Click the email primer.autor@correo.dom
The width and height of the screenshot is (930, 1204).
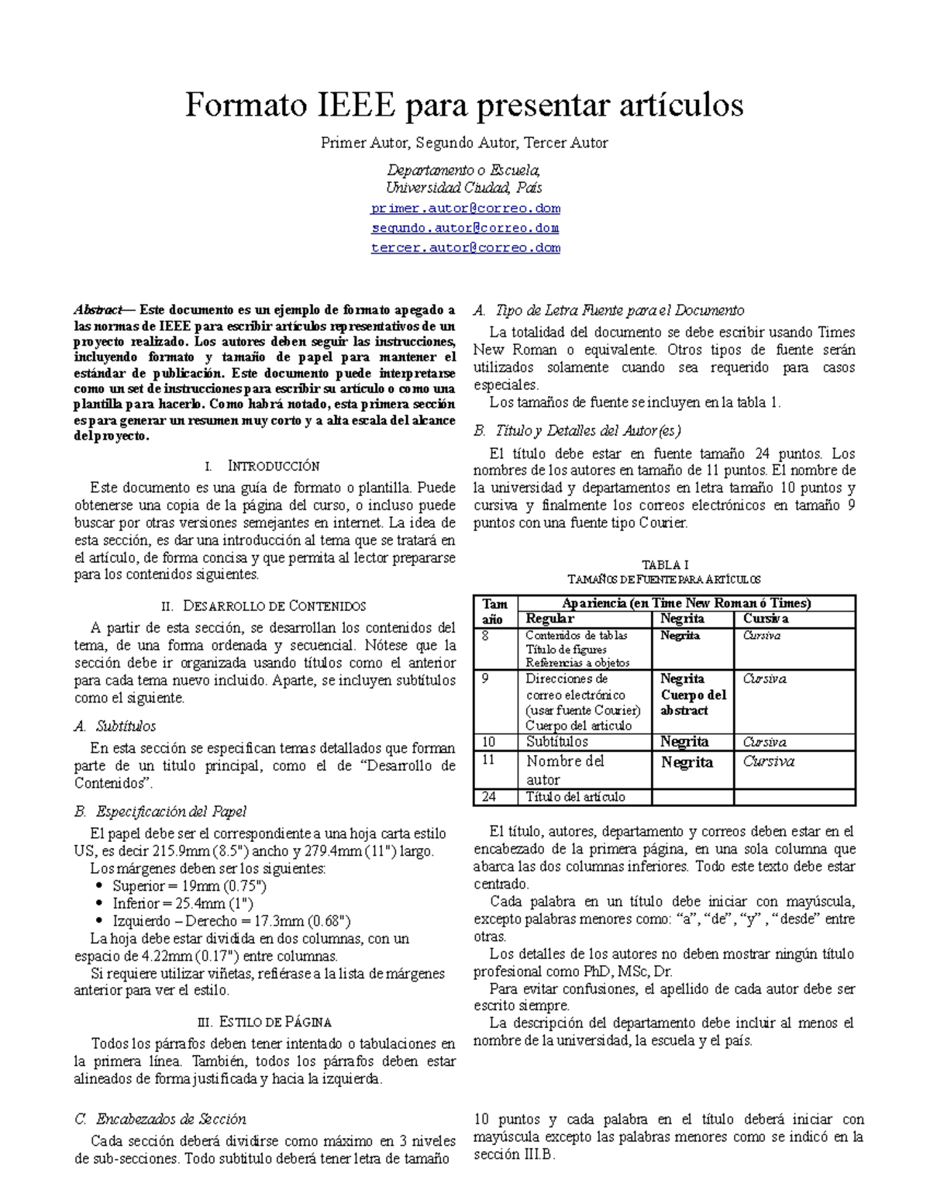coord(465,209)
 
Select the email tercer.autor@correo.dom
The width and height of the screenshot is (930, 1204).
coord(465,248)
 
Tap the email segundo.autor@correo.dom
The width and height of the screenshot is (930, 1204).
coord(465,228)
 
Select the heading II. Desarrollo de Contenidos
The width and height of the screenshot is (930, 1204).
coord(264,605)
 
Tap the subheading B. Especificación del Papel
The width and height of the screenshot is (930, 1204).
coord(160,812)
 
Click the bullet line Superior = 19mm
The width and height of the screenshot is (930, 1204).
coord(189,885)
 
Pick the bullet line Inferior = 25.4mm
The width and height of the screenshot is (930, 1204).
coord(183,903)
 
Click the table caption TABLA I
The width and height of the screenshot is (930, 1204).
coord(665,565)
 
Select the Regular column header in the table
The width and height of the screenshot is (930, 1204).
coord(549,619)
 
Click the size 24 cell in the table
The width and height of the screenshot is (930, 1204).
coord(489,797)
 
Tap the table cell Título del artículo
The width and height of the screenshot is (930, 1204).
coord(575,797)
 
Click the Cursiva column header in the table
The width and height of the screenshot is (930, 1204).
coord(766,619)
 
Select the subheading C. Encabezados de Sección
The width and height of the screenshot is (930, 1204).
coord(160,1119)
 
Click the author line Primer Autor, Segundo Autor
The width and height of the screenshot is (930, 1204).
coord(464,143)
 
